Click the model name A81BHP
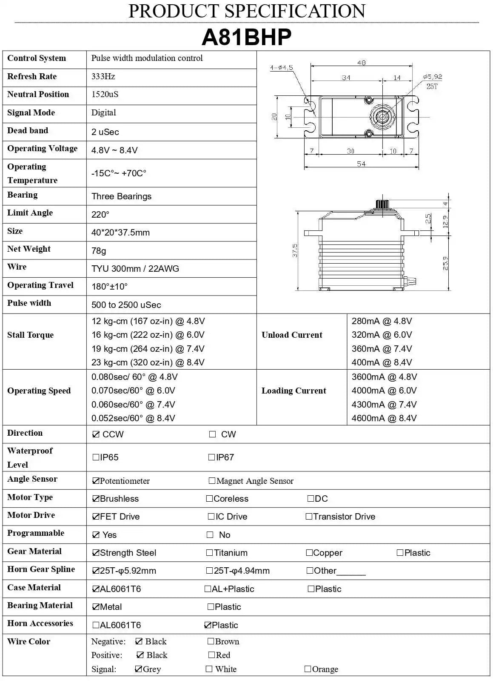[x=246, y=37]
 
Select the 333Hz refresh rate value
[x=103, y=77]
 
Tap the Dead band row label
[x=28, y=131]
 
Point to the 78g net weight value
[x=99, y=251]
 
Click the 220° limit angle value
[x=100, y=215]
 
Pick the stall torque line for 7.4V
[x=148, y=349]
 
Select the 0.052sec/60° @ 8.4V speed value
[x=133, y=418]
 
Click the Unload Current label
[x=292, y=335]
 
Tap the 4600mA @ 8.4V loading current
[x=384, y=418]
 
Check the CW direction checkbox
[x=213, y=434]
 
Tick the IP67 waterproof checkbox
[x=211, y=457]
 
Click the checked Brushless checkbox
[x=96, y=499]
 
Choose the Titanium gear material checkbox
[x=209, y=553]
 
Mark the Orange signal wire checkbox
[x=308, y=669]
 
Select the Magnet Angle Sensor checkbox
[x=212, y=481]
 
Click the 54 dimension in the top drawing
[x=361, y=164]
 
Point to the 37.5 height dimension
[x=295, y=250]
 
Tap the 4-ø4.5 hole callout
[x=281, y=68]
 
